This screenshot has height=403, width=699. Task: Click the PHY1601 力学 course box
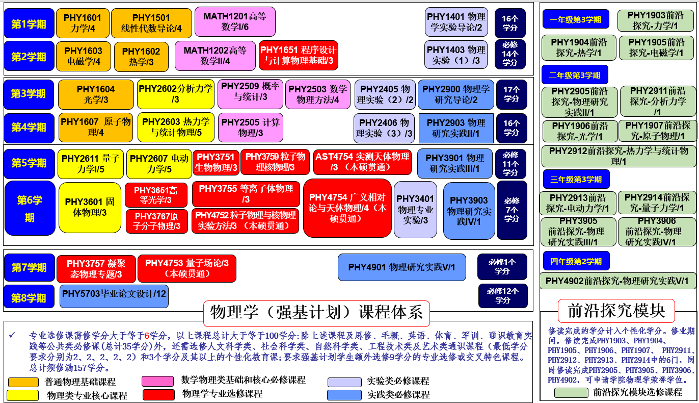tap(83, 23)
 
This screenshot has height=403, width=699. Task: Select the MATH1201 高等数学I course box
tap(235, 21)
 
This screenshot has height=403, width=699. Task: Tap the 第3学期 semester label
tap(29, 94)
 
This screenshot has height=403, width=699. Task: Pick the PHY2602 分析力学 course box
tap(176, 94)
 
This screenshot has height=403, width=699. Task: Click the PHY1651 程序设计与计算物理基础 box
tap(298, 55)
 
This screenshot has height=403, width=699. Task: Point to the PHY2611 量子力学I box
tap(91, 164)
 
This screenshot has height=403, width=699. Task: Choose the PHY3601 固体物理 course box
tap(90, 207)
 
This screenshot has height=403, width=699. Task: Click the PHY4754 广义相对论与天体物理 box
tap(347, 208)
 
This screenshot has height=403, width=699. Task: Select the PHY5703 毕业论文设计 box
tap(114, 296)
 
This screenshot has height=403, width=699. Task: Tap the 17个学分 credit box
tap(511, 94)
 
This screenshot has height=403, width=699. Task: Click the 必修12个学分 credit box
tap(502, 296)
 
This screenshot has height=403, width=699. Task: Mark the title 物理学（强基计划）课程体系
tap(316, 312)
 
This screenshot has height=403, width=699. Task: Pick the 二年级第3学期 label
tap(574, 75)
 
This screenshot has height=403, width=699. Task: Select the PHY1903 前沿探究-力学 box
tap(656, 21)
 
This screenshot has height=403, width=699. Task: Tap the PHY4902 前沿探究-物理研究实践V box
tap(617, 281)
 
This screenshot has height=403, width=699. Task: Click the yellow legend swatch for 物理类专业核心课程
tap(23, 395)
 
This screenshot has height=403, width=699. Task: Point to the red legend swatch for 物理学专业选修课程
tap(158, 394)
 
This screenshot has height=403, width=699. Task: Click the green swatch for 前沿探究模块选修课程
tap(571, 392)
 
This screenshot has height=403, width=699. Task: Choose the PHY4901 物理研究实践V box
tap(401, 267)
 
